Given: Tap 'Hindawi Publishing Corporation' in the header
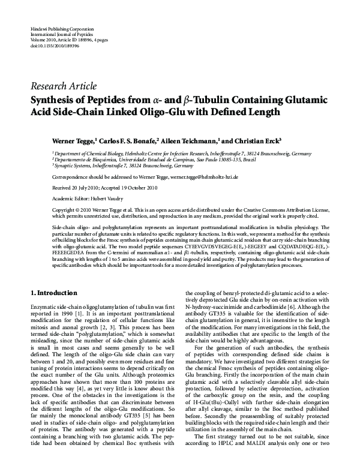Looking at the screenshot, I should tap(60, 28).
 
